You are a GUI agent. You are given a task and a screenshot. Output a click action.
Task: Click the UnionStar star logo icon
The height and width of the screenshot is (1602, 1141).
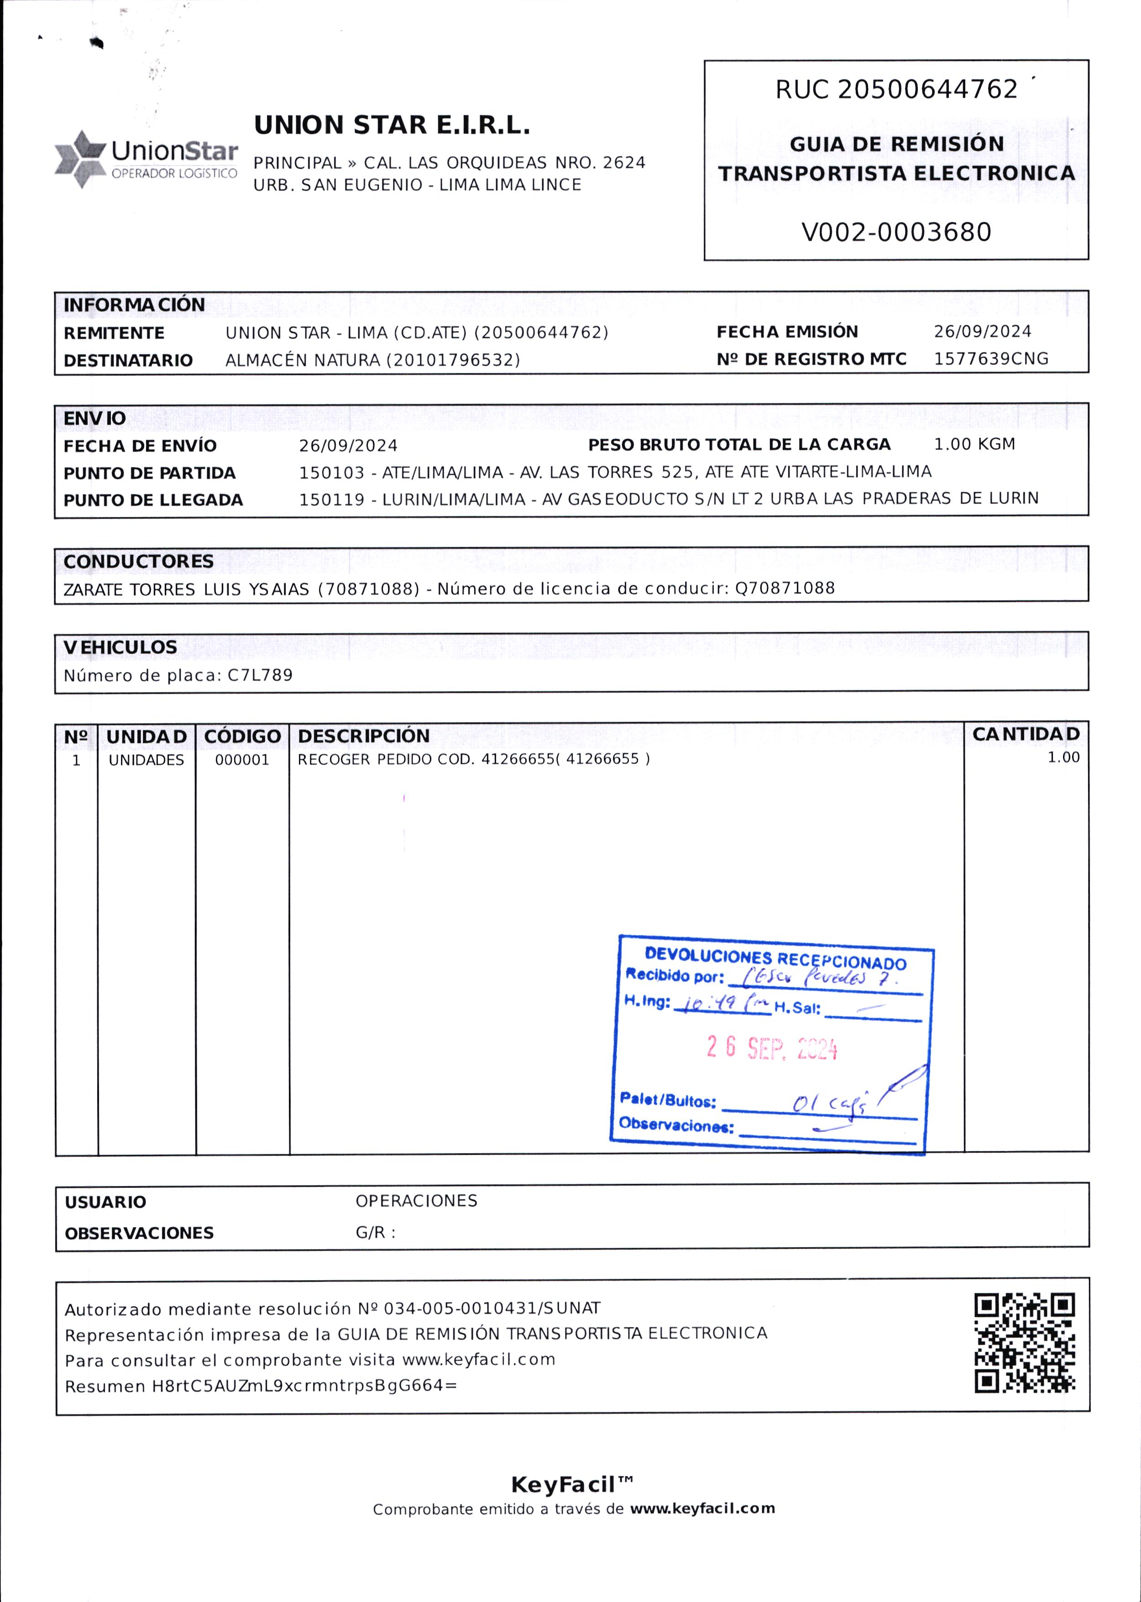coord(80,159)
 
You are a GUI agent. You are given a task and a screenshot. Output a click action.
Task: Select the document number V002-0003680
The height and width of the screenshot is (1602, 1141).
coord(896,232)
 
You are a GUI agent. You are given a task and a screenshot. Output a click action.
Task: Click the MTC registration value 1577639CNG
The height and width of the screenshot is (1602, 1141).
coord(991,359)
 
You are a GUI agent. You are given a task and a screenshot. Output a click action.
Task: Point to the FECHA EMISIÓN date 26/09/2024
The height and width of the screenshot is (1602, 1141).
coord(982,331)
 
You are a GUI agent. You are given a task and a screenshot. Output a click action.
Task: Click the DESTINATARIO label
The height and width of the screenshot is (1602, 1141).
coord(128,361)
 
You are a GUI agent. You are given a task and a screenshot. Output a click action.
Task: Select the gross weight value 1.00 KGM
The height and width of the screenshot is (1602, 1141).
coord(974,444)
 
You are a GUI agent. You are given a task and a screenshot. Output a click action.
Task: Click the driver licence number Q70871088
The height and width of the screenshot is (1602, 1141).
coord(785,588)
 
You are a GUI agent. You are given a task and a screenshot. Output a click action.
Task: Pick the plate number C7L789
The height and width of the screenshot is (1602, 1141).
coord(260,675)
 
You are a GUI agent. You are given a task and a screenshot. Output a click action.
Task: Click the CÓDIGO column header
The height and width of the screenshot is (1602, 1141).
coord(242,736)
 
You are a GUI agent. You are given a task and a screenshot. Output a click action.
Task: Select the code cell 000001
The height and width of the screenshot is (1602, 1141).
coord(242,760)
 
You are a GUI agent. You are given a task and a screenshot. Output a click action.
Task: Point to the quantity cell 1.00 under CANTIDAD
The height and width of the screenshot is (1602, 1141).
coord(1063,757)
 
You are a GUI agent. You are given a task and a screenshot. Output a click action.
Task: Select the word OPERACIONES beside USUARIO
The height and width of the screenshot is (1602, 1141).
coord(416,1201)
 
